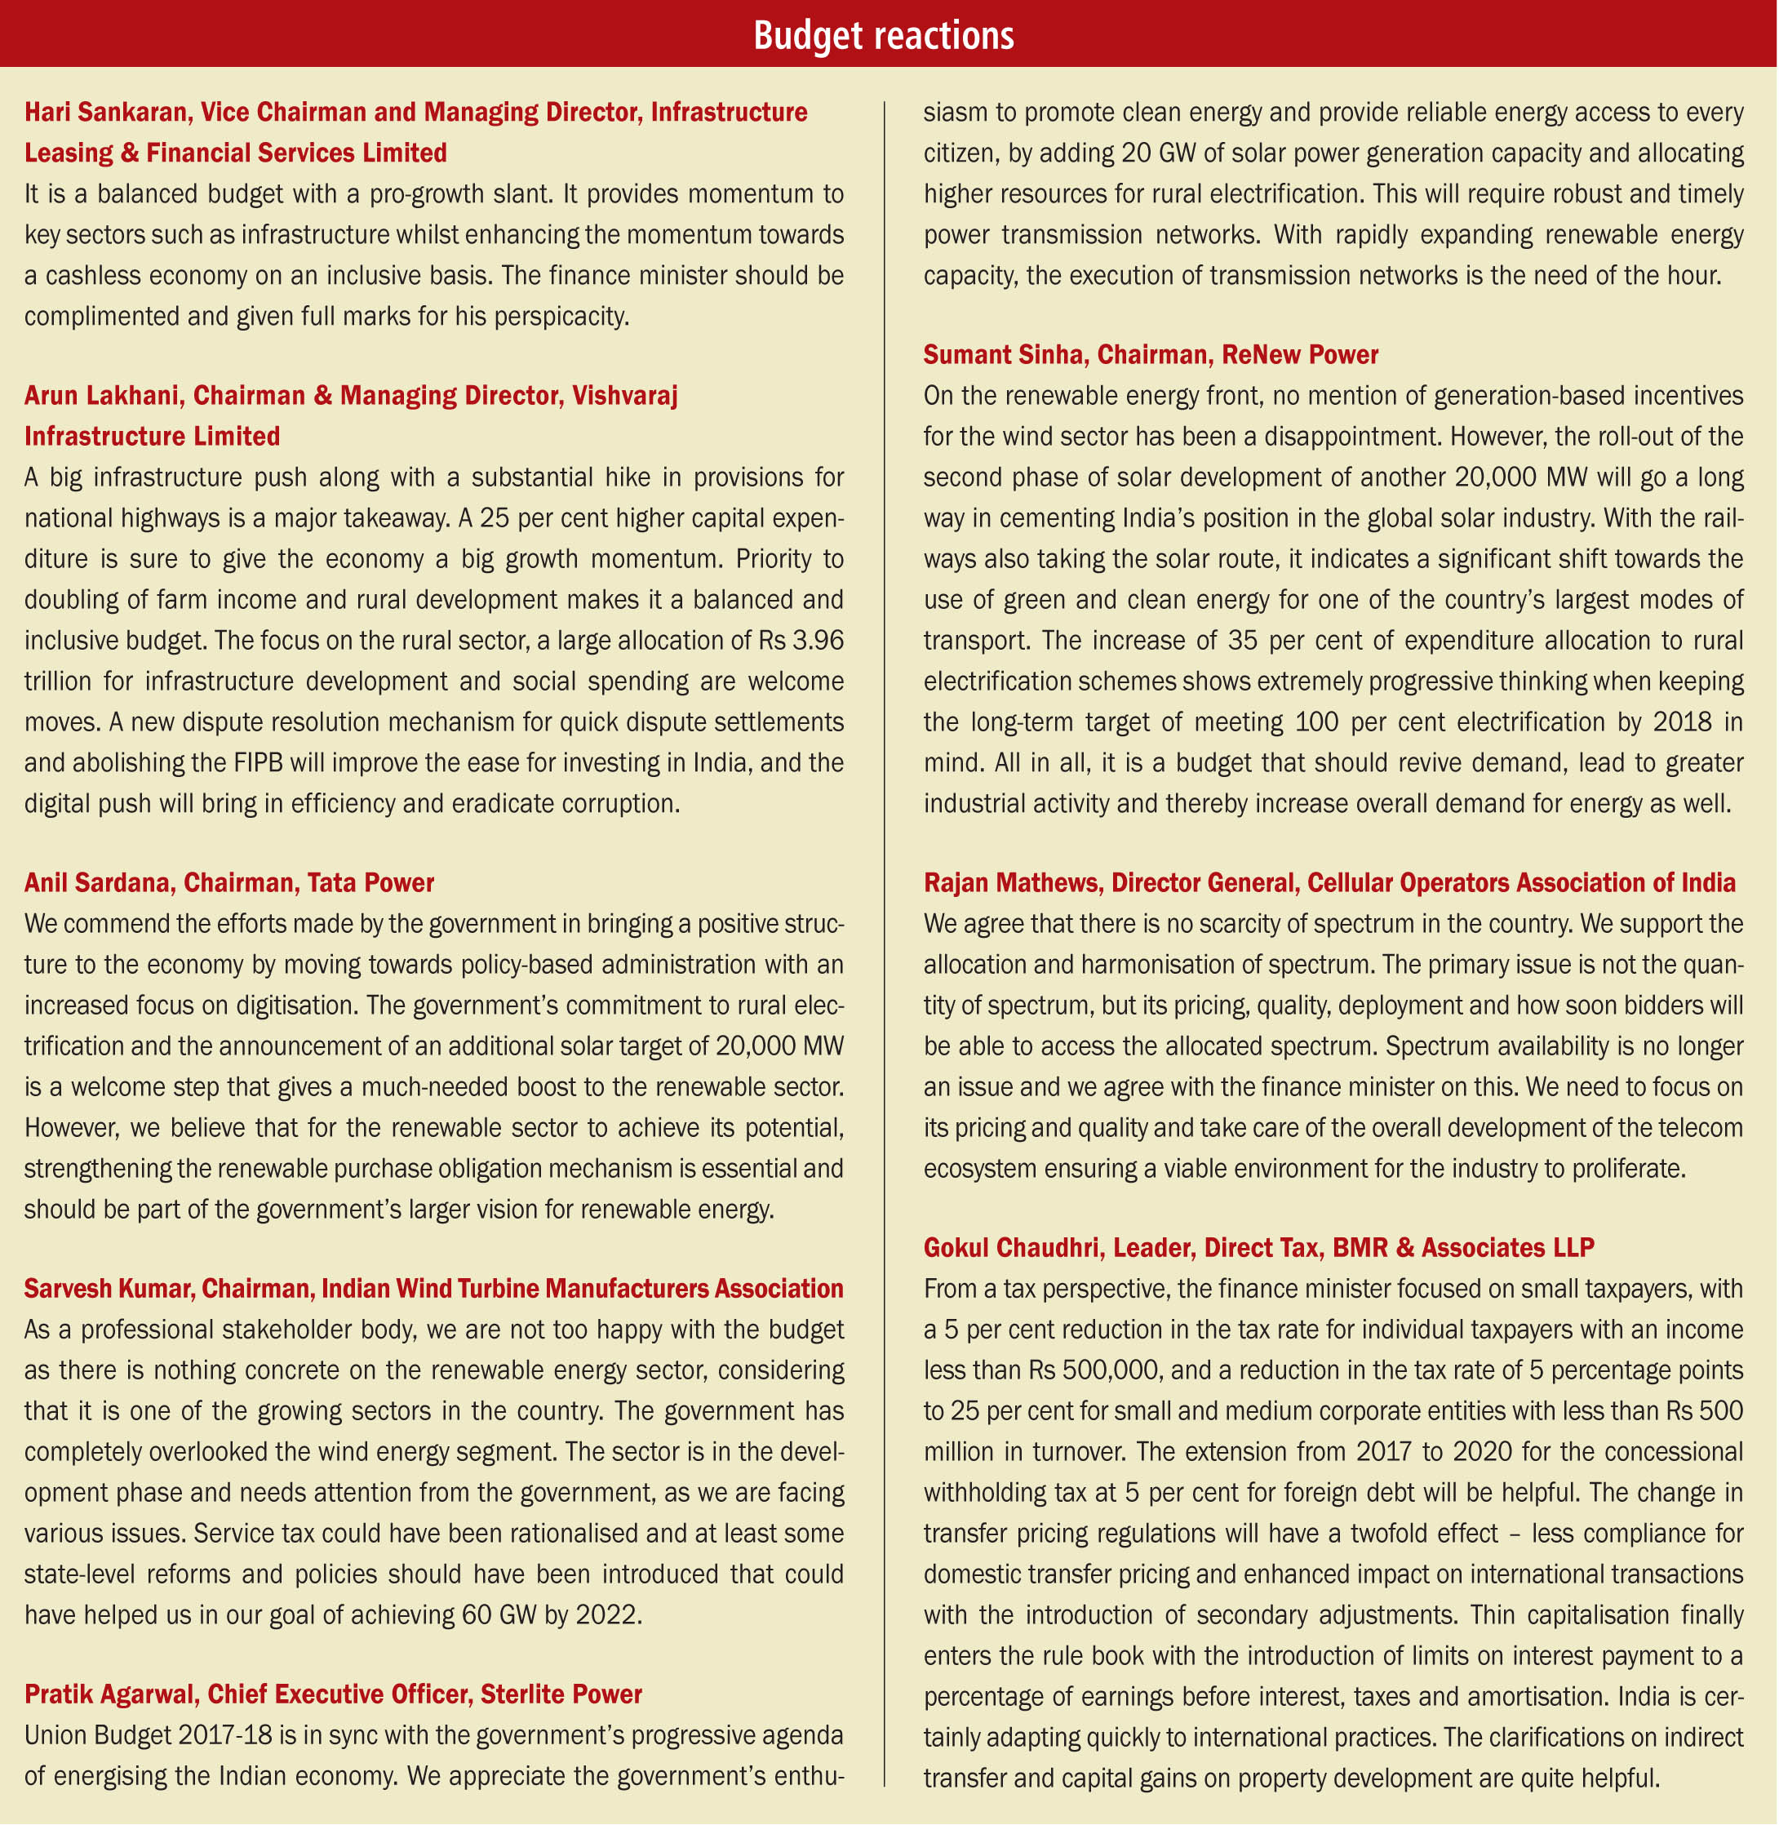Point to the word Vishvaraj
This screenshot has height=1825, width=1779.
624,396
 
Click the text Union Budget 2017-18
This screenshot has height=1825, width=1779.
148,1736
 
